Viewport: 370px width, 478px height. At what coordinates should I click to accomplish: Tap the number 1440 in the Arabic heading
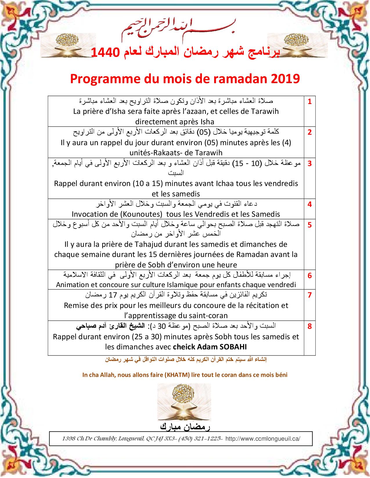(x=105, y=52)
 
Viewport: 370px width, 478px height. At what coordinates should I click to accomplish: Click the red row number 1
(x=310, y=102)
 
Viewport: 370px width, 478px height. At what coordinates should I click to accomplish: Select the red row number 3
(x=310, y=164)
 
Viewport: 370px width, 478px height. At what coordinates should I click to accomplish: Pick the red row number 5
(x=310, y=225)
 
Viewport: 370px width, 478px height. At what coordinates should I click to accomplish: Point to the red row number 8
(x=310, y=326)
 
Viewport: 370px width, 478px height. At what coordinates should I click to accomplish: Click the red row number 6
(x=310, y=276)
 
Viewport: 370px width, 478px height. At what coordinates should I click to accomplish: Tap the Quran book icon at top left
(x=64, y=43)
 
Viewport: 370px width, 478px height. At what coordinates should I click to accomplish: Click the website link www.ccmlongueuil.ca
(x=263, y=439)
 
